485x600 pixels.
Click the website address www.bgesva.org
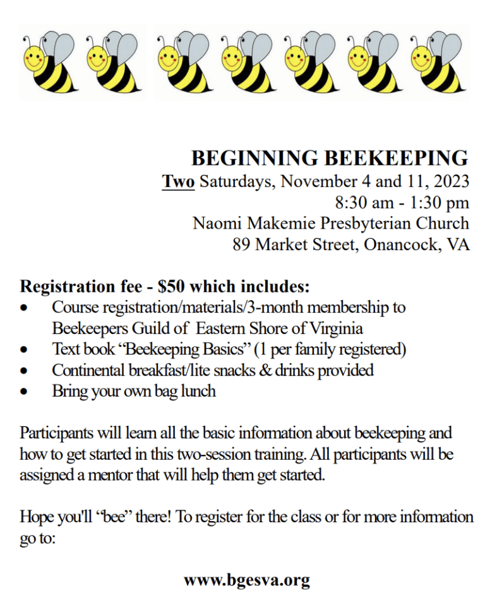(247, 579)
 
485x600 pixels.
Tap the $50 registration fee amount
(172, 287)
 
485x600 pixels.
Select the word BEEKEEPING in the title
(396, 158)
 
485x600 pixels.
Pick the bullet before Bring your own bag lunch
(24, 392)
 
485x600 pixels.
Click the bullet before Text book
(24, 350)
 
